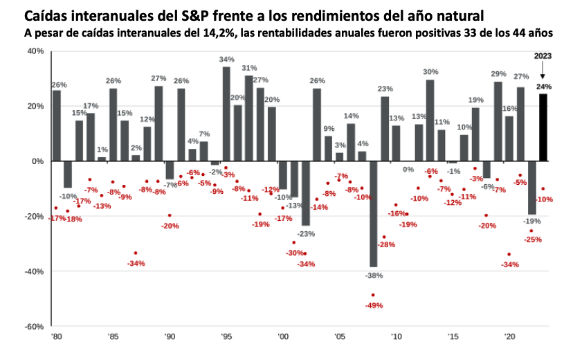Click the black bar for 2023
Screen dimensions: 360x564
(543, 127)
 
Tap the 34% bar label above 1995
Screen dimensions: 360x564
(226, 60)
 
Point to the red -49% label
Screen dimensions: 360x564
(375, 305)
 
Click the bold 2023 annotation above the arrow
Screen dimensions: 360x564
(543, 57)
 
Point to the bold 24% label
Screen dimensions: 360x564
(544, 87)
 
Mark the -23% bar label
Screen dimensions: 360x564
(305, 233)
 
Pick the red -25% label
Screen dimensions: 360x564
(532, 240)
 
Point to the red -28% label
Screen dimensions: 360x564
(386, 244)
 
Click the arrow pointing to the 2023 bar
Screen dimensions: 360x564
(543, 71)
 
